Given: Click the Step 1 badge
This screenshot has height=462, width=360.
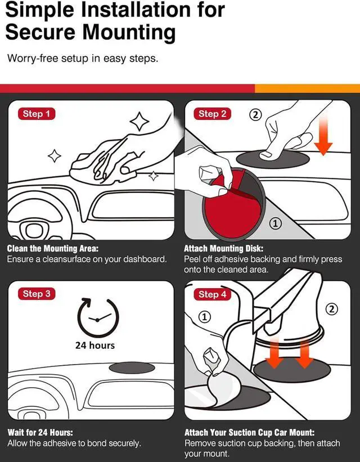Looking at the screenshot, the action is pos(37,114).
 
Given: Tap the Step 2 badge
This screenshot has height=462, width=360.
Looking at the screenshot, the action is pos(212,114).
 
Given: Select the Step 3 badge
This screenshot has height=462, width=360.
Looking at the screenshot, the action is pos(37,294).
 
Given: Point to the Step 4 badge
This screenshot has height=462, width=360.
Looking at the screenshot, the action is pos(212,294).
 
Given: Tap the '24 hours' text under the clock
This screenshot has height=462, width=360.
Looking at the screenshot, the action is pos(95,345).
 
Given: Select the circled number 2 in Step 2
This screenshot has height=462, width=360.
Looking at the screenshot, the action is pos(255,114).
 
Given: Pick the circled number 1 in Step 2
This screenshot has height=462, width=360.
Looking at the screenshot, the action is pos(275,223).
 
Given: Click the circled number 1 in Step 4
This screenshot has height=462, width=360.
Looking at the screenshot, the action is pos(205,317).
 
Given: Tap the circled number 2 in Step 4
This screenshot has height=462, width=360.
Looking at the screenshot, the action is pos(332,309).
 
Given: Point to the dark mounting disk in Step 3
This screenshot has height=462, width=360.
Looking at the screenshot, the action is pos(132,367).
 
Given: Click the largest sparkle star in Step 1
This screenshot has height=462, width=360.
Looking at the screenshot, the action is pos(139,121).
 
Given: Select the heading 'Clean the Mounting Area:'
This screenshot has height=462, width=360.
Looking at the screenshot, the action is pos(53,248).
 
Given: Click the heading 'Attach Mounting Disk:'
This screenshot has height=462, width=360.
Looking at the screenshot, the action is pos(224,248).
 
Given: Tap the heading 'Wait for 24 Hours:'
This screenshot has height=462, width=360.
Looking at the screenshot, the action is pos(40,432).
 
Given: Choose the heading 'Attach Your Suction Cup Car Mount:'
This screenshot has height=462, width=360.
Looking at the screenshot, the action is pos(250,432).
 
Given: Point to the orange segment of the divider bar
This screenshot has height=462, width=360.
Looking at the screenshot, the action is pos(307,88).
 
